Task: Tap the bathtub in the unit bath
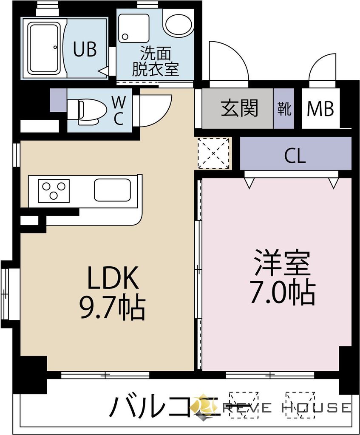click(x=43, y=48)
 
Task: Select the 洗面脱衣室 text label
click(x=155, y=62)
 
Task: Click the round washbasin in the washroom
click(x=179, y=25)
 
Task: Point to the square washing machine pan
click(x=134, y=28)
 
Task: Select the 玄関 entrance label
click(x=239, y=109)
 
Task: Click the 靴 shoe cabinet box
click(x=284, y=109)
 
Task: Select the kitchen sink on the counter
click(x=112, y=190)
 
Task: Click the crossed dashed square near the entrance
click(x=213, y=153)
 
